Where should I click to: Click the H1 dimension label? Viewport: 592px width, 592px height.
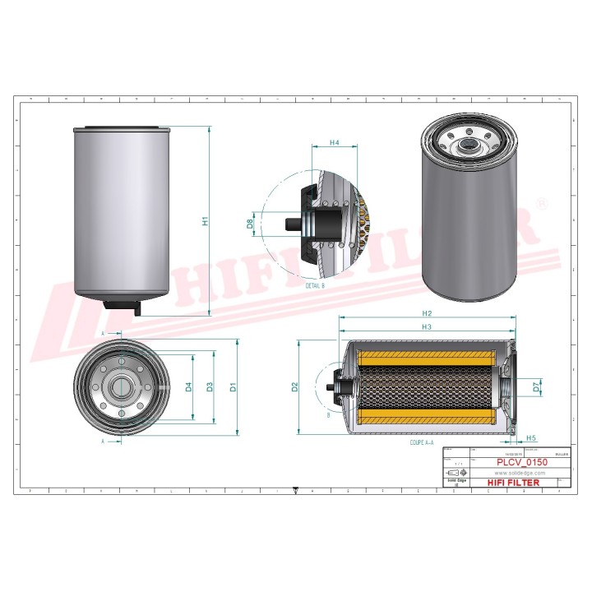pyautogui.click(x=205, y=220)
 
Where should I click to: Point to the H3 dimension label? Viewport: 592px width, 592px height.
pyautogui.click(x=426, y=328)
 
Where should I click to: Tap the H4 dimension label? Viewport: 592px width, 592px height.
pyautogui.click(x=334, y=143)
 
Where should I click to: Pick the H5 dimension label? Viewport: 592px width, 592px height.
pyautogui.click(x=531, y=438)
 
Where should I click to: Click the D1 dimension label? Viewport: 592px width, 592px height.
pyautogui.click(x=234, y=386)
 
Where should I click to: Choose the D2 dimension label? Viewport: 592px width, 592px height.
pyautogui.click(x=294, y=386)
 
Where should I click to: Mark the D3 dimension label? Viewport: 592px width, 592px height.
pyautogui.click(x=210, y=386)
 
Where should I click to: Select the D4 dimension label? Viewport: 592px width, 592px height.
pyautogui.click(x=188, y=386)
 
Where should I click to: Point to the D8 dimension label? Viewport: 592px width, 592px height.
pyautogui.click(x=251, y=221)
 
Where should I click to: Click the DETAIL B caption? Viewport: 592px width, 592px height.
pyautogui.click(x=315, y=284)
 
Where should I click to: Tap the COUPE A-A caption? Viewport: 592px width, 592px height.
pyautogui.click(x=422, y=442)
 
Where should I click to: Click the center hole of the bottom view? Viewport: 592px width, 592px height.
pyautogui.click(x=121, y=386)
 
